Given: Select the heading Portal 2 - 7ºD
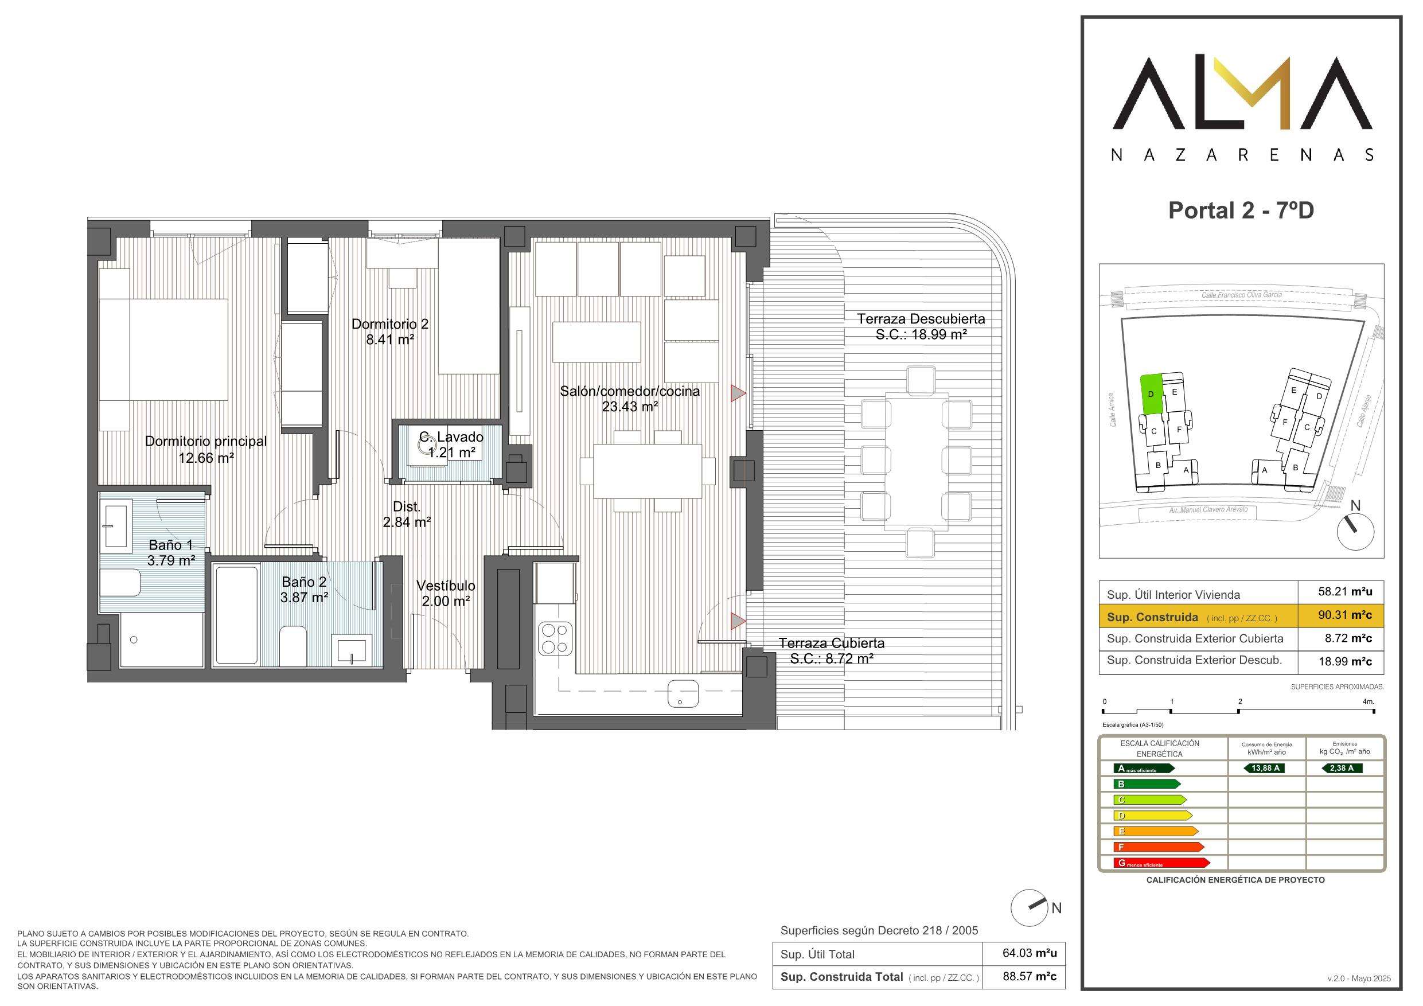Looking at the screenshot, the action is pyautogui.click(x=1241, y=210).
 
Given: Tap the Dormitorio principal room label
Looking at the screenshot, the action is pyautogui.click(x=206, y=441).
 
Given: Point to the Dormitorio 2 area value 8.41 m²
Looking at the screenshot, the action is pyautogui.click(x=389, y=340).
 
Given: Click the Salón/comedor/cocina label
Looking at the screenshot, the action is pyautogui.click(x=630, y=391).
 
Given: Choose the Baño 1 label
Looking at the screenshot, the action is pyautogui.click(x=170, y=545).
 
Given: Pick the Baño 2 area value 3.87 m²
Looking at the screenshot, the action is pyautogui.click(x=303, y=598).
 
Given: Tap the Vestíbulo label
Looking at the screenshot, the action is pyautogui.click(x=446, y=586).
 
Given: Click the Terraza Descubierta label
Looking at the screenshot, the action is pyautogui.click(x=921, y=319).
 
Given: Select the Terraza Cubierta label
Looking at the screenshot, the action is pyautogui.click(x=832, y=644).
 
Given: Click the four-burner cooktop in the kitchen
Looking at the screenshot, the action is pyautogui.click(x=555, y=638).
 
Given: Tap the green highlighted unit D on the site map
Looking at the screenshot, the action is pyautogui.click(x=1151, y=393).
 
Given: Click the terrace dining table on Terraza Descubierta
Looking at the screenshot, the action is pyautogui.click(x=916, y=461).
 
